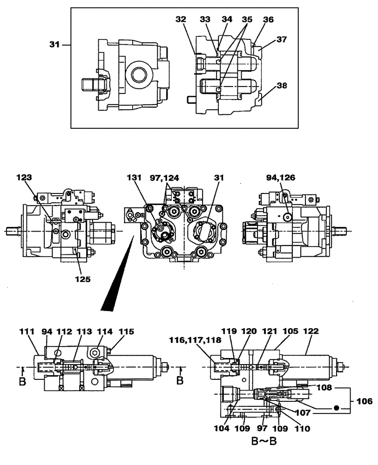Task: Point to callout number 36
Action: pyautogui.click(x=268, y=20)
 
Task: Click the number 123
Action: pyautogui.click(x=25, y=177)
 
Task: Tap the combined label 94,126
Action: pyautogui.click(x=280, y=177)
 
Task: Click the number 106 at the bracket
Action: pyautogui.click(x=365, y=400)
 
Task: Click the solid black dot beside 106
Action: pyautogui.click(x=335, y=408)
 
